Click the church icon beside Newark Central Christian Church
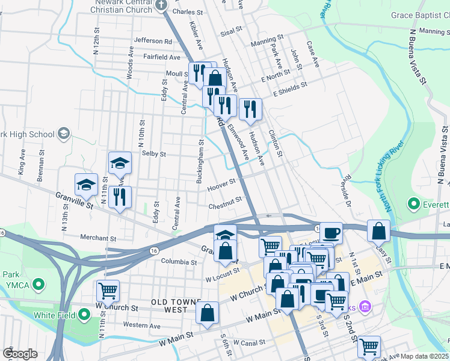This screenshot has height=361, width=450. coord(161,5)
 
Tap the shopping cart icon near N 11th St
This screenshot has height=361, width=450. coord(108,291)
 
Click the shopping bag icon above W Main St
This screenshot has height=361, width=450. coord(207,312)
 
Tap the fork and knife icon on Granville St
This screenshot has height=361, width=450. coord(120,197)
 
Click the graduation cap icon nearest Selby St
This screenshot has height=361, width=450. coord(120,162)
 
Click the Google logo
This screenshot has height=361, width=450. coord(20,354)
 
